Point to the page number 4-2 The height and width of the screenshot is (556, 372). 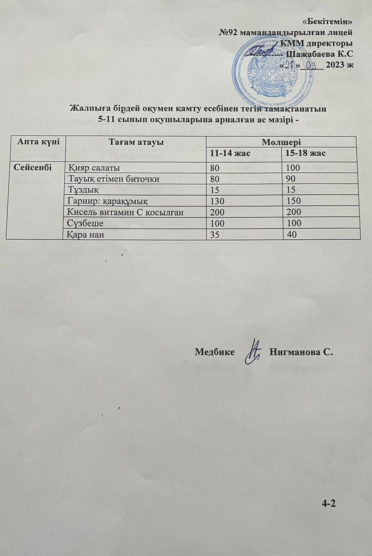329,504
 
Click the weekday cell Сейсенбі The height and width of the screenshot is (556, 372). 33,167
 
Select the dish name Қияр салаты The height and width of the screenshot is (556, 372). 94,168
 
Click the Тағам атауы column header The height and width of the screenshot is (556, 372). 136,142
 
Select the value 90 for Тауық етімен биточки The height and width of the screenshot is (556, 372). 291,179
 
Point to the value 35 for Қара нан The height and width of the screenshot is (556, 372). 215,235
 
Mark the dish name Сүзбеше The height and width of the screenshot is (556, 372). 86,223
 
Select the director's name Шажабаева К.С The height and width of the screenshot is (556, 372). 319,54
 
